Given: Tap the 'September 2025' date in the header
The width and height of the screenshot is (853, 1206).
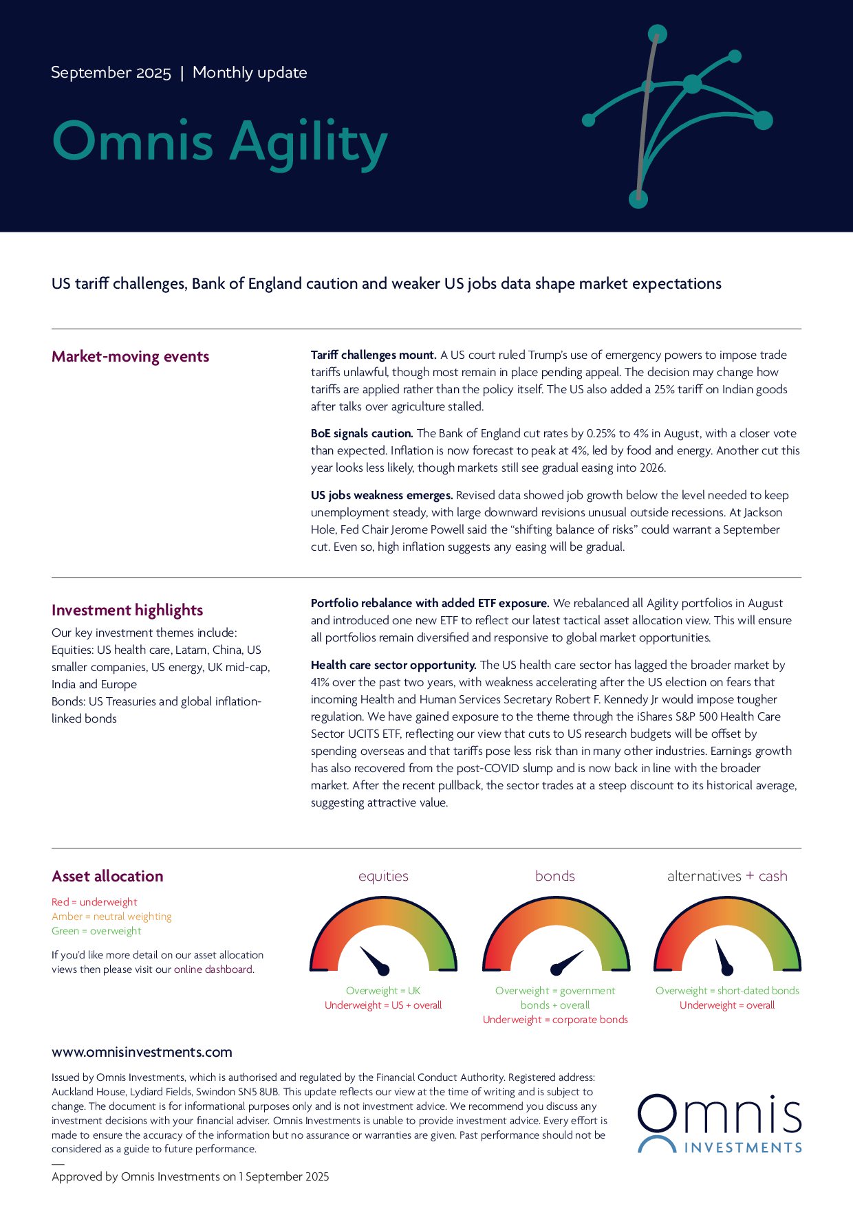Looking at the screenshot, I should (x=111, y=73).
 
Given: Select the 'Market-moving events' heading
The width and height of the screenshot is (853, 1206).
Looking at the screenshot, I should (x=130, y=357).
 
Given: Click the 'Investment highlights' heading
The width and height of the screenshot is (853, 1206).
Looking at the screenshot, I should (x=127, y=611).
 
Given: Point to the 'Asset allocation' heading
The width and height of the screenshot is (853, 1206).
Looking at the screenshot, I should (x=107, y=877).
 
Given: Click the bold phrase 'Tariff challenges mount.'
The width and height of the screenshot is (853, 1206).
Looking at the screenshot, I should (x=374, y=355).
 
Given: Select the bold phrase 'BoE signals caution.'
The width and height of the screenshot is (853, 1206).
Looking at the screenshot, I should (x=362, y=434).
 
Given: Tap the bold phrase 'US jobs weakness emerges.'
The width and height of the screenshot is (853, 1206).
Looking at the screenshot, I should (x=382, y=496).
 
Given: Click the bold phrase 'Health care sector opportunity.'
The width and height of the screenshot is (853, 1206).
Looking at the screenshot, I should (x=393, y=666).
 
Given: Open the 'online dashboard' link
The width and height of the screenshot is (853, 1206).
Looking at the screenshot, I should (x=213, y=969).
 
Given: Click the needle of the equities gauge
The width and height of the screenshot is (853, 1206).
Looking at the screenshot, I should (x=374, y=960).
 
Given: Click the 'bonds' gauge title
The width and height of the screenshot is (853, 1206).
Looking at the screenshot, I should (x=555, y=877).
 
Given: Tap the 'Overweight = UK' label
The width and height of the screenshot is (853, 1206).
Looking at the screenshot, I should (x=383, y=991).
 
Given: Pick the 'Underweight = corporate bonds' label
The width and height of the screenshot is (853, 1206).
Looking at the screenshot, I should (x=555, y=1020).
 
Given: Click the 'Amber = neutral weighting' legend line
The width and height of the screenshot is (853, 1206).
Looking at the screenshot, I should (x=111, y=917).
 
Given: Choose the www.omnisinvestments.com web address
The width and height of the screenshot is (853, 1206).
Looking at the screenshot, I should (x=142, y=1052).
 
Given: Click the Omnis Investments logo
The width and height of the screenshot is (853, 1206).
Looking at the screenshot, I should (x=720, y=1123).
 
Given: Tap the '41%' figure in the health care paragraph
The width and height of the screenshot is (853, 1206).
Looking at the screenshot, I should (x=321, y=683).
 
